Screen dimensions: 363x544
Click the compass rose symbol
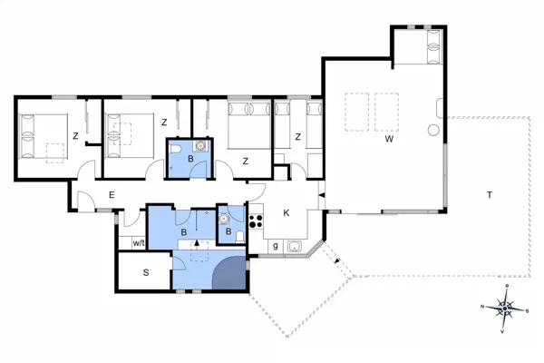pyautogui.click(x=505, y=309)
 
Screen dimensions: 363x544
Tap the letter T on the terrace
pyautogui.click(x=489, y=195)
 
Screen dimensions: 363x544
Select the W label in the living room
pyautogui.click(x=387, y=140)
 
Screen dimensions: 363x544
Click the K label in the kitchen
pyautogui.click(x=286, y=213)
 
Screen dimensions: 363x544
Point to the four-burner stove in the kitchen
pyautogui.click(x=256, y=219)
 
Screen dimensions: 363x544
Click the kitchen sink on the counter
pyautogui.click(x=293, y=246)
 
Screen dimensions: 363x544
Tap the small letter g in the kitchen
pyautogui.click(x=275, y=246)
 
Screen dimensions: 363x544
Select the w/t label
pyautogui.click(x=139, y=242)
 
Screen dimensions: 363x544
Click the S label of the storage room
pyautogui.click(x=144, y=272)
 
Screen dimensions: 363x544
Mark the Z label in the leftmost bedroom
pyautogui.click(x=76, y=136)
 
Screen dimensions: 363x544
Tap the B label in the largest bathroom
pyautogui.click(x=185, y=232)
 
